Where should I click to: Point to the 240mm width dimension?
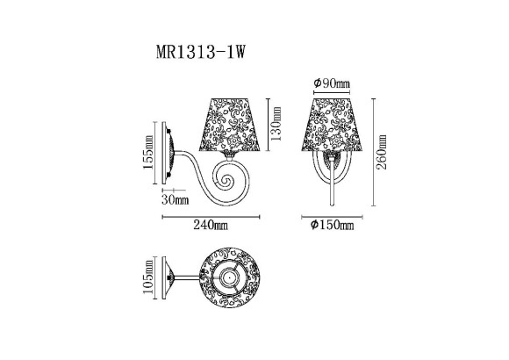(x=211, y=226)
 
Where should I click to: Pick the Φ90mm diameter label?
(x=331, y=83)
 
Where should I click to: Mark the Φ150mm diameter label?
(x=332, y=226)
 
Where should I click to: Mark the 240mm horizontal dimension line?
(x=211, y=215)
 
